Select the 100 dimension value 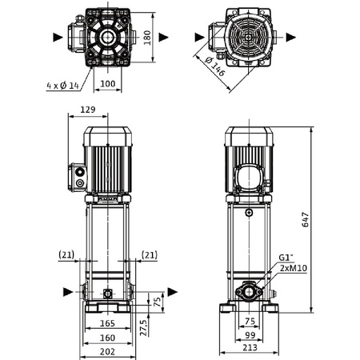coord(107,82)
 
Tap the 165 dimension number coord(108,324)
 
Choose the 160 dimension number coord(108,337)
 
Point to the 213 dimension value coord(250,350)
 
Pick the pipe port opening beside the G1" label coord(249,291)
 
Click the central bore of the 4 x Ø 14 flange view coord(107,37)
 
